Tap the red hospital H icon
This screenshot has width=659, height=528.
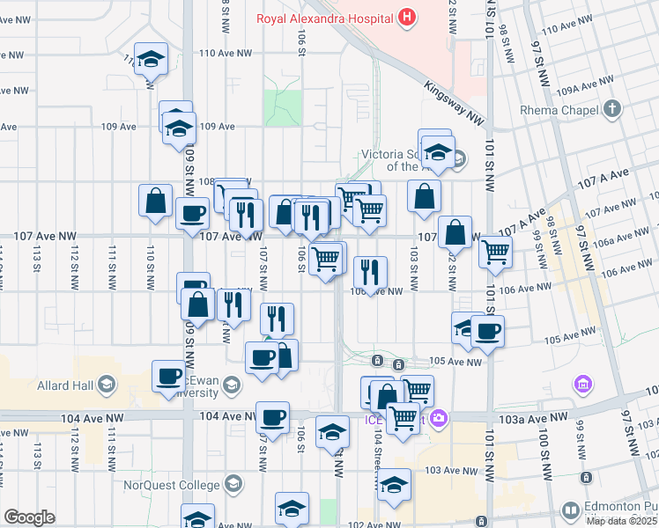(x=406, y=16)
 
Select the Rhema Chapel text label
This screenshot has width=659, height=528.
(x=559, y=110)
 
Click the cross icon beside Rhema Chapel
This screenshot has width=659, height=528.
(x=613, y=110)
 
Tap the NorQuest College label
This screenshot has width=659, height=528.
(x=183, y=484)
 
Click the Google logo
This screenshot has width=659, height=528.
(x=29, y=517)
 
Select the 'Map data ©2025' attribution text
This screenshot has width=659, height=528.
(x=620, y=521)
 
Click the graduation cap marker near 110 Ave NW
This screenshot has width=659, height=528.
(x=152, y=59)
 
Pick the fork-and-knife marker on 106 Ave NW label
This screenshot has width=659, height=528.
(x=370, y=271)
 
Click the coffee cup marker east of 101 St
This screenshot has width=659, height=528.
(x=487, y=331)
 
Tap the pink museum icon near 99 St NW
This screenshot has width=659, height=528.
(x=581, y=384)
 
